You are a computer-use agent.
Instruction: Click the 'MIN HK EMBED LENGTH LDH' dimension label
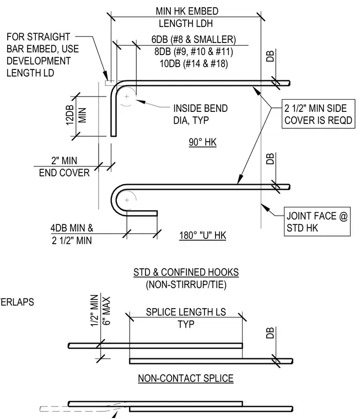[187, 17]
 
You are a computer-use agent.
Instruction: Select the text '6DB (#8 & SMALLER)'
[194, 39]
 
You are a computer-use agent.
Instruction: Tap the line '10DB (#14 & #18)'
[194, 63]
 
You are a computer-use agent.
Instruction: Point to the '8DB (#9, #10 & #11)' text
[194, 51]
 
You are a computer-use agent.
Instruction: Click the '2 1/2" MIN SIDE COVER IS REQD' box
[318, 114]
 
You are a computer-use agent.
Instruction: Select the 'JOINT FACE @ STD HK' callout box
[317, 222]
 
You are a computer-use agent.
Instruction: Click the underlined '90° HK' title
[202, 142]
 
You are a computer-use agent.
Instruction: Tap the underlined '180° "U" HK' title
[202, 235]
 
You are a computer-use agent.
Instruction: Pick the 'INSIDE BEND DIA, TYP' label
[201, 114]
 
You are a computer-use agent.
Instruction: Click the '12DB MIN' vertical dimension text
[76, 115]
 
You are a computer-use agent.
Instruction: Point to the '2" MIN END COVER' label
[64, 166]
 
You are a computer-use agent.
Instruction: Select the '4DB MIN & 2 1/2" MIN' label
[72, 234]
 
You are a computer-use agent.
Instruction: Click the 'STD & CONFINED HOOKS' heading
[186, 272]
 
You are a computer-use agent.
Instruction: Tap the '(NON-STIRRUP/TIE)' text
[186, 284]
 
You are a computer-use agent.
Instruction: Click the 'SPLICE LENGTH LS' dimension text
[186, 312]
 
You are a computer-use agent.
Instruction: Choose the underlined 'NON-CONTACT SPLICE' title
[186, 378]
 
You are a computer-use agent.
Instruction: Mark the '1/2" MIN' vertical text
[94, 310]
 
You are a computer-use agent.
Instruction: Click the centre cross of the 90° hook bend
[126, 96]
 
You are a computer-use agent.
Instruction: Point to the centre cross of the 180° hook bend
[127, 200]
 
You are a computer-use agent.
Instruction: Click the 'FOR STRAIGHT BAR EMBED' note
[43, 55]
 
